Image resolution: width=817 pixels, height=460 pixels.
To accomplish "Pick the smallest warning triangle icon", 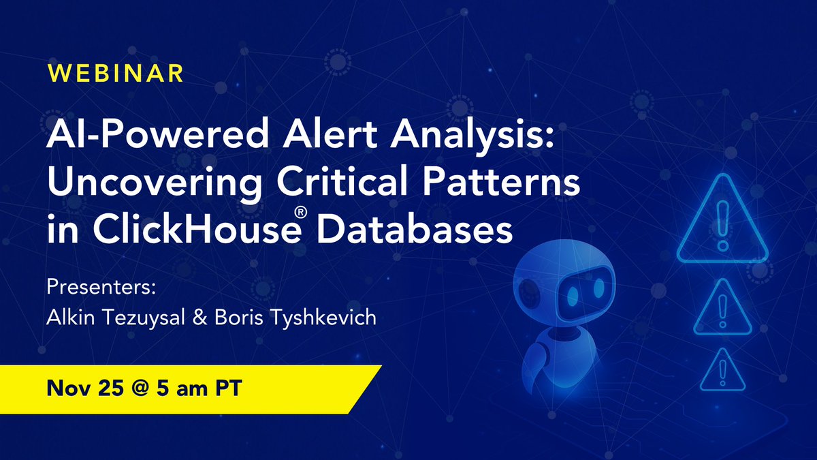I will pos(723,371).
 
